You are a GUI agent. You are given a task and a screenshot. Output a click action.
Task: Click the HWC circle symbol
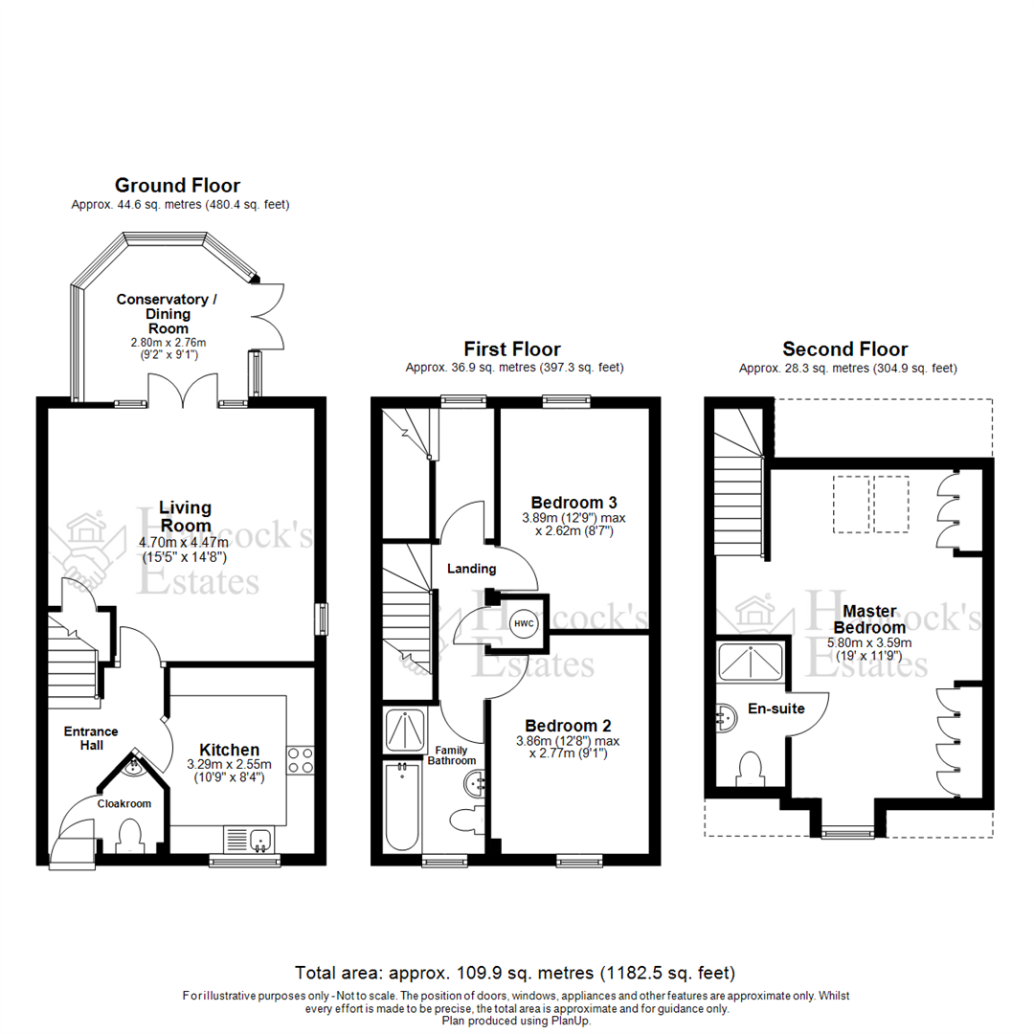click(524, 623)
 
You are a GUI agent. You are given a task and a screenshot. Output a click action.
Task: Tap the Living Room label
click(186, 516)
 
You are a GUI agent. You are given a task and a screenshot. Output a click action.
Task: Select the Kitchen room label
click(229, 750)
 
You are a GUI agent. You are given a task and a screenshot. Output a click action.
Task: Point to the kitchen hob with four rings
click(301, 760)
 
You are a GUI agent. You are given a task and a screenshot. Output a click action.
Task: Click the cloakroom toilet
click(127, 839)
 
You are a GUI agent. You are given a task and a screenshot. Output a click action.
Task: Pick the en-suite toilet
click(750, 770)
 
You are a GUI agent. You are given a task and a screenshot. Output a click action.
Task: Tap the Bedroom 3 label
click(573, 502)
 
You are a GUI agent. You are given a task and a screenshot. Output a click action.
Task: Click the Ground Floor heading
click(177, 186)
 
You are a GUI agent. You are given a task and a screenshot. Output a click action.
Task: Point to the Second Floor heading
click(844, 349)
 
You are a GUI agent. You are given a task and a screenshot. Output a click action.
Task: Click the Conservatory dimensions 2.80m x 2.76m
click(168, 342)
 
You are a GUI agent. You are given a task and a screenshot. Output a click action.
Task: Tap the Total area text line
click(515, 974)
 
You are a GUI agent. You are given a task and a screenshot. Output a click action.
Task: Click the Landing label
click(473, 569)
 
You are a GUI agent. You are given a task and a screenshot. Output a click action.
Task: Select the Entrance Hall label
click(84, 738)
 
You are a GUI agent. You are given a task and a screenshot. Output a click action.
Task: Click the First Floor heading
click(512, 349)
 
